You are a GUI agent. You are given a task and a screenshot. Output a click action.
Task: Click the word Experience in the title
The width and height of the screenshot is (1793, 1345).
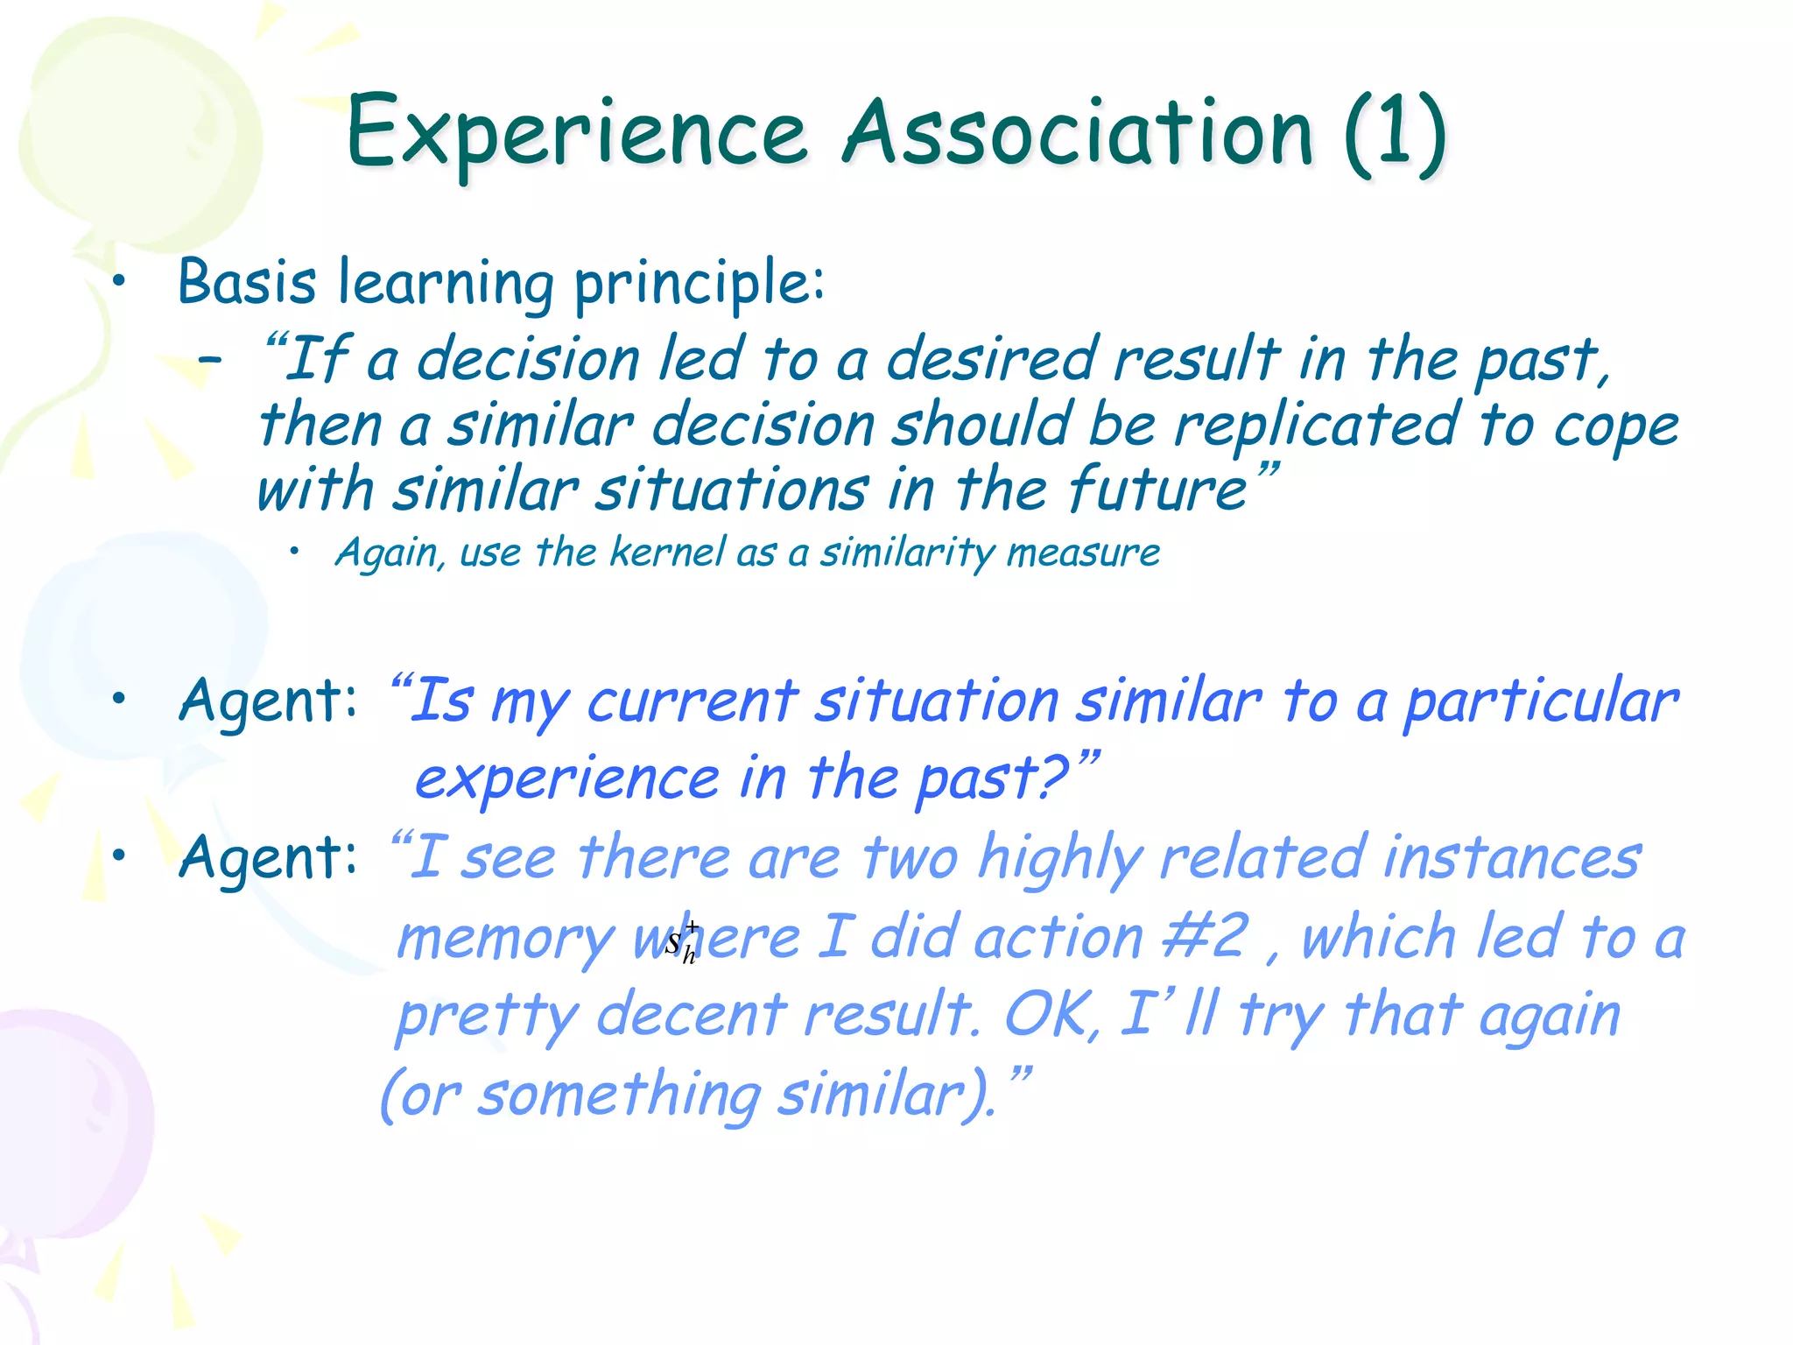pyautogui.click(x=576, y=133)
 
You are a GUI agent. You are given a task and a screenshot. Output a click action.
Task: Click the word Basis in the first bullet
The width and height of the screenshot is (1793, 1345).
pyautogui.click(x=247, y=282)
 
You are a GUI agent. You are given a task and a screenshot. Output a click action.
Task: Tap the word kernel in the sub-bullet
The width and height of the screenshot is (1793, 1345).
pyautogui.click(x=667, y=552)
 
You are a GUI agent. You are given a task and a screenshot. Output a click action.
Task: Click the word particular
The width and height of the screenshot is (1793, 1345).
pyautogui.click(x=1540, y=703)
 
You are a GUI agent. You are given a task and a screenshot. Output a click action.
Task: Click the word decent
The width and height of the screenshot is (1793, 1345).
pyautogui.click(x=691, y=1015)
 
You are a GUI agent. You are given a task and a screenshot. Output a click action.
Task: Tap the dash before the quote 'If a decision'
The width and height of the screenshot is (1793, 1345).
pyautogui.click(x=209, y=358)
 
